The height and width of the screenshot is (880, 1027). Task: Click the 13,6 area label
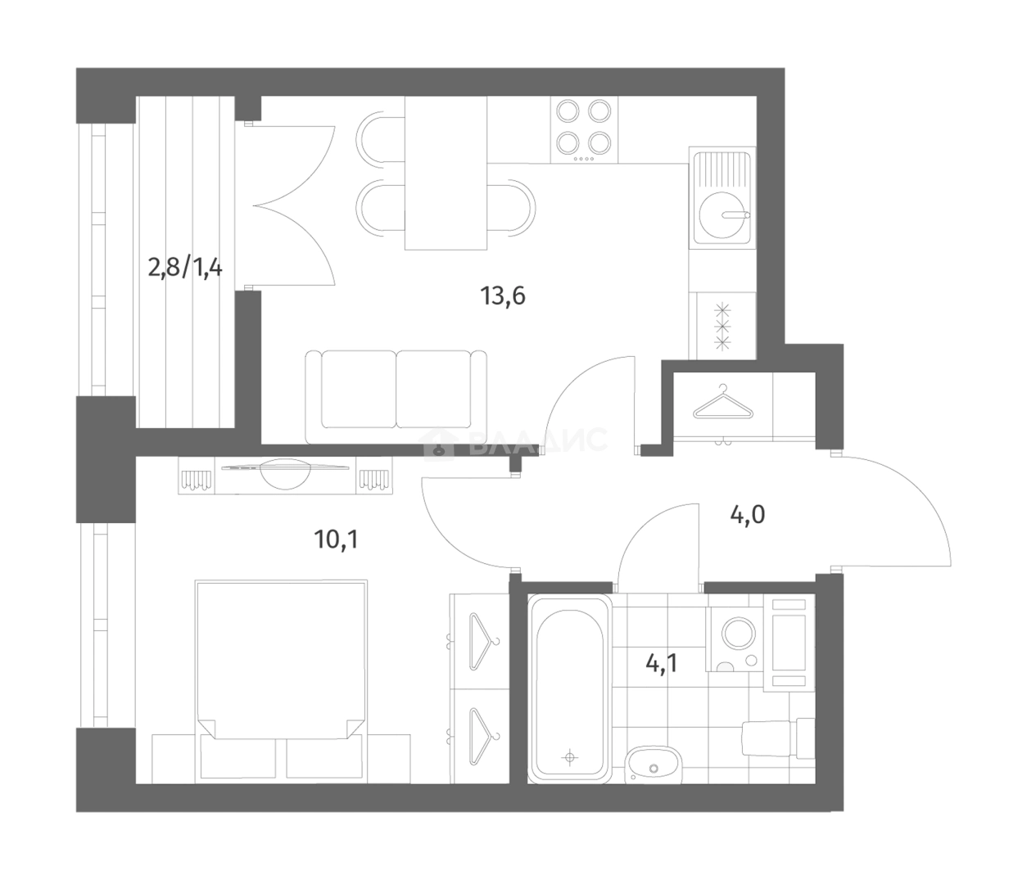[503, 295]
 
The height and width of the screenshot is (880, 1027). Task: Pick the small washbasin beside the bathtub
[653, 765]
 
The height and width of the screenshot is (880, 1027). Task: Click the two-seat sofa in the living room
[396, 395]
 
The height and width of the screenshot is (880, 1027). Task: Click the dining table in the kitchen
[446, 173]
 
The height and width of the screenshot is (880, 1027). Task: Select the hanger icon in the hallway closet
[722, 403]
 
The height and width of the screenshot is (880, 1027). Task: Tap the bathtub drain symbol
[570, 758]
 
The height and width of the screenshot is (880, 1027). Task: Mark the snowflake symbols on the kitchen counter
[722, 327]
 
